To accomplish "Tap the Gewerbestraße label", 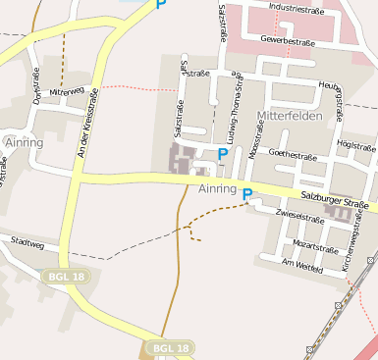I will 286,39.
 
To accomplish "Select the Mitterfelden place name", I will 290,116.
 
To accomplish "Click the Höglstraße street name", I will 355,144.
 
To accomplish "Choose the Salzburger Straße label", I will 334,200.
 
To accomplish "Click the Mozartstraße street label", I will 315,245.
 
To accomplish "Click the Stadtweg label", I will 27,241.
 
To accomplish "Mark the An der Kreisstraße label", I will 87,124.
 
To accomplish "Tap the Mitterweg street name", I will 66,91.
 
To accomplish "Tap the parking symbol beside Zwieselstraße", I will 247,194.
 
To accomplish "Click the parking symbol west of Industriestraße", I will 161,4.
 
